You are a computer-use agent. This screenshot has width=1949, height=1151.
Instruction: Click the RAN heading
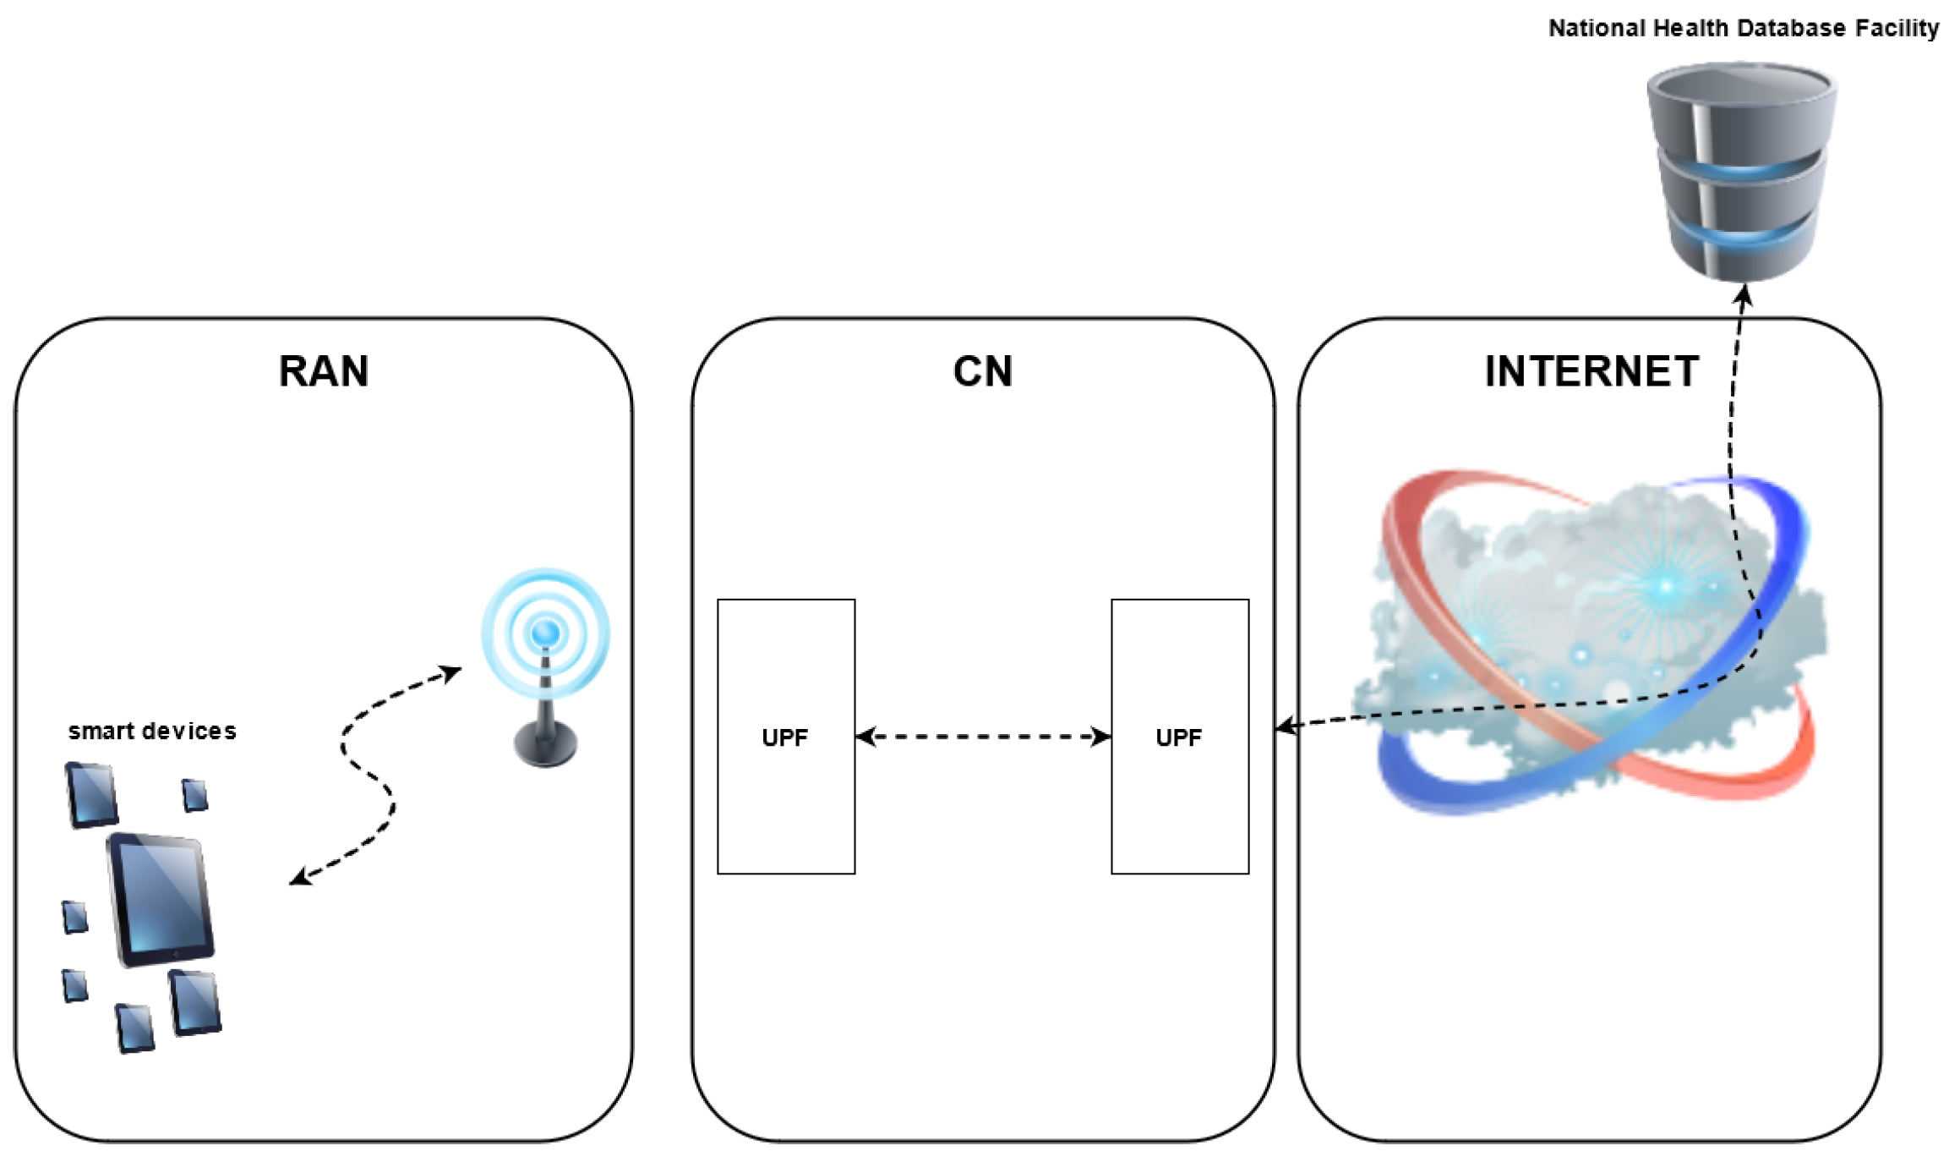tap(324, 371)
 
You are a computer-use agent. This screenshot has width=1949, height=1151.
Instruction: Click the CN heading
tap(982, 371)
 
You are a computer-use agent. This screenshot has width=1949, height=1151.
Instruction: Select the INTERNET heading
tap(1591, 371)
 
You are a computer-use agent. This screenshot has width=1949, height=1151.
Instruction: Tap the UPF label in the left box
tap(784, 738)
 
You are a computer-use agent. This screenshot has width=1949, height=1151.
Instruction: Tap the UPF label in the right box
tap(1178, 738)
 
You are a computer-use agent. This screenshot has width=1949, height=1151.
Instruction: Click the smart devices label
tap(152, 732)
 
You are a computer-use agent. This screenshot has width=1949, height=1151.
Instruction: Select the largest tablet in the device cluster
tap(161, 899)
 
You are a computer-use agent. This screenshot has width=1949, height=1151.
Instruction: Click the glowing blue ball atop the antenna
tap(546, 632)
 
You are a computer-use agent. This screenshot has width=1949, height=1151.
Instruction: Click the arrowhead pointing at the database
tap(1744, 295)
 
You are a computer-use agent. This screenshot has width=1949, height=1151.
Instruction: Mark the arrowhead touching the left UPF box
tap(865, 737)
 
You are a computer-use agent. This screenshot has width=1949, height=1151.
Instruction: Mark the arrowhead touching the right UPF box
tap(1101, 737)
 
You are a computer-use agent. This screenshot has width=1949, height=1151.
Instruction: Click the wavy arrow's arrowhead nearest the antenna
tap(454, 672)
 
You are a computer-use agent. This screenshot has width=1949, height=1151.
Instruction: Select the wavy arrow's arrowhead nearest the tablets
tap(298, 879)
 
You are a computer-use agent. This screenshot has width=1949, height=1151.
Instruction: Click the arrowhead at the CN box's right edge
tap(1285, 726)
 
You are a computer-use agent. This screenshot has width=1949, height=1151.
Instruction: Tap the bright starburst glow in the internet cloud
tap(1667, 585)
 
